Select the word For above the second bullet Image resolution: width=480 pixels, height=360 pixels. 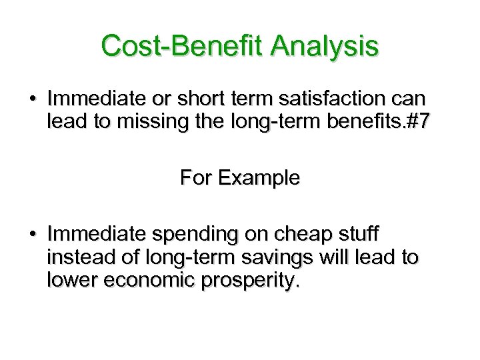tap(195, 179)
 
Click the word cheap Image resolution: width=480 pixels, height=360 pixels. tap(304, 235)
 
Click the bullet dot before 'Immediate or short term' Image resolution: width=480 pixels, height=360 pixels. tap(32, 99)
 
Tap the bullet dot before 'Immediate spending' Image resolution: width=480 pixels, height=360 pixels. tap(32, 235)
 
